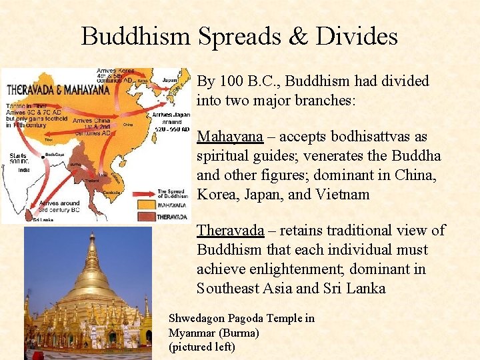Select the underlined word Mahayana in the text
point(230,137)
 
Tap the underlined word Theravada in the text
point(231,231)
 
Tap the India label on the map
point(24,169)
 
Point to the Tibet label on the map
point(48,140)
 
